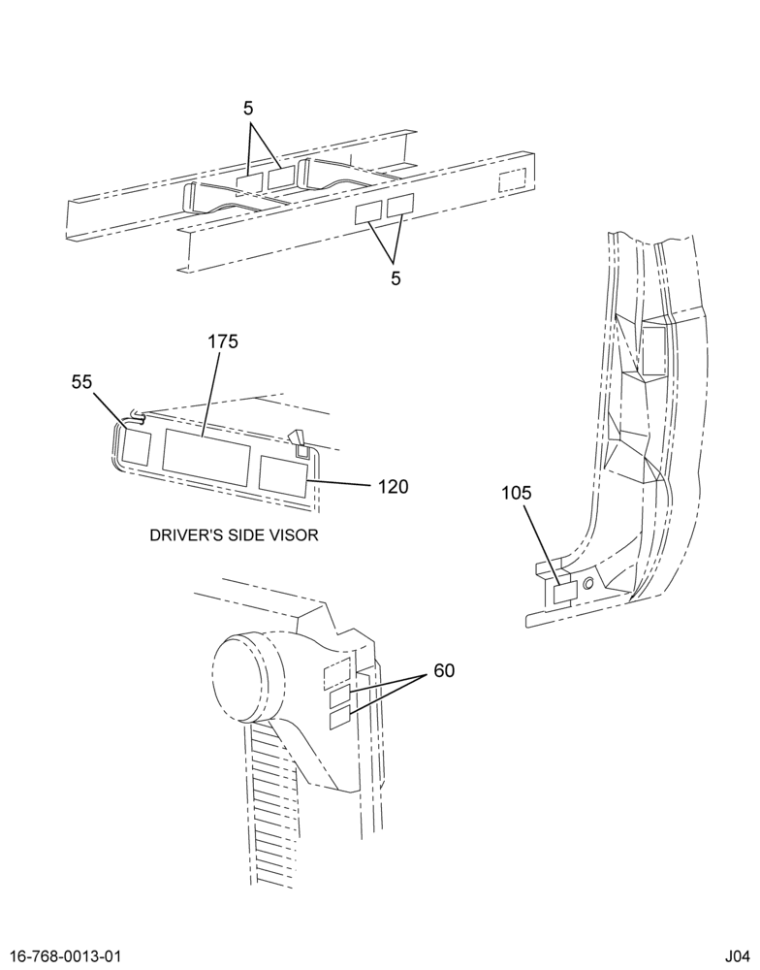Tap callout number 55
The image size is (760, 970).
coord(81,382)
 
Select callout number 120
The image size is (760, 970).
coord(394,487)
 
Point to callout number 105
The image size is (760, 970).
coord(517,493)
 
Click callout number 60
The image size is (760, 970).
coord(444,670)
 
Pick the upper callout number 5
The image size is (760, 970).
coord(248,109)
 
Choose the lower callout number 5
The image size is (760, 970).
coord(396,278)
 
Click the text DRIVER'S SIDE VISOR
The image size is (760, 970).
coord(234,535)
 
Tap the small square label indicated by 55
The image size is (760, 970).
coord(136,446)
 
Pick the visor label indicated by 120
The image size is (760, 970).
coord(283,477)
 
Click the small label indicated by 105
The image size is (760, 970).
coord(564,594)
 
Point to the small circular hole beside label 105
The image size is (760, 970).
coord(587,583)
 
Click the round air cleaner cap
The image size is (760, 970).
coord(247,677)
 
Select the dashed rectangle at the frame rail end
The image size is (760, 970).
coord(512,178)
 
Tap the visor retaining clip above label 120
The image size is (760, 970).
coord(300,444)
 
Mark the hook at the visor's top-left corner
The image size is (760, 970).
coord(138,417)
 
